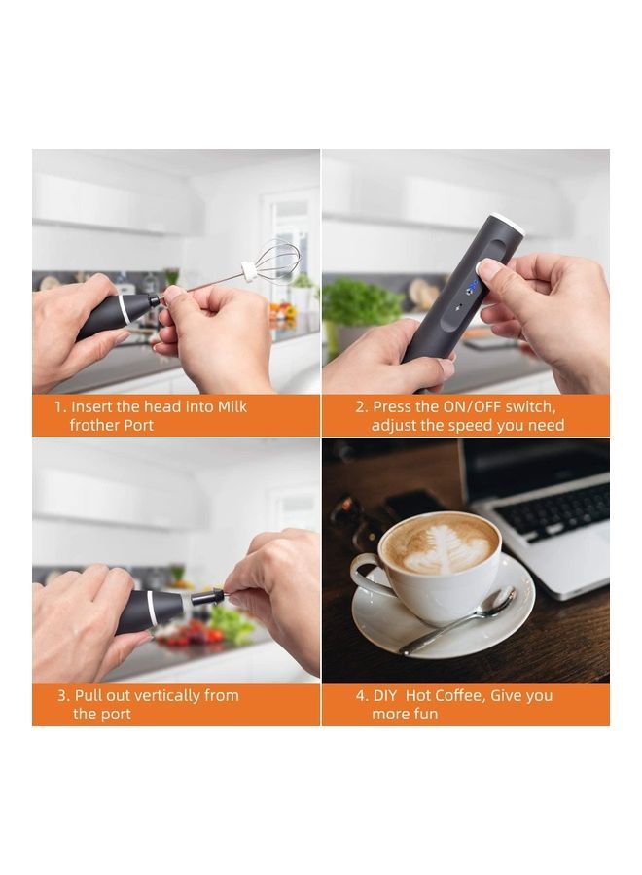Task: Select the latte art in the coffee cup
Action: [439, 542]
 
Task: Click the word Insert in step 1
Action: [92, 406]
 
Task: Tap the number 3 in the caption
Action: [62, 695]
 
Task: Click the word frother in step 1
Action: [95, 425]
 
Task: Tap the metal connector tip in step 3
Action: [209, 595]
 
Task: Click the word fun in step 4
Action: [425, 714]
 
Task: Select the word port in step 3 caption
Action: [115, 714]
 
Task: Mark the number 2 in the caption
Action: [359, 406]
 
